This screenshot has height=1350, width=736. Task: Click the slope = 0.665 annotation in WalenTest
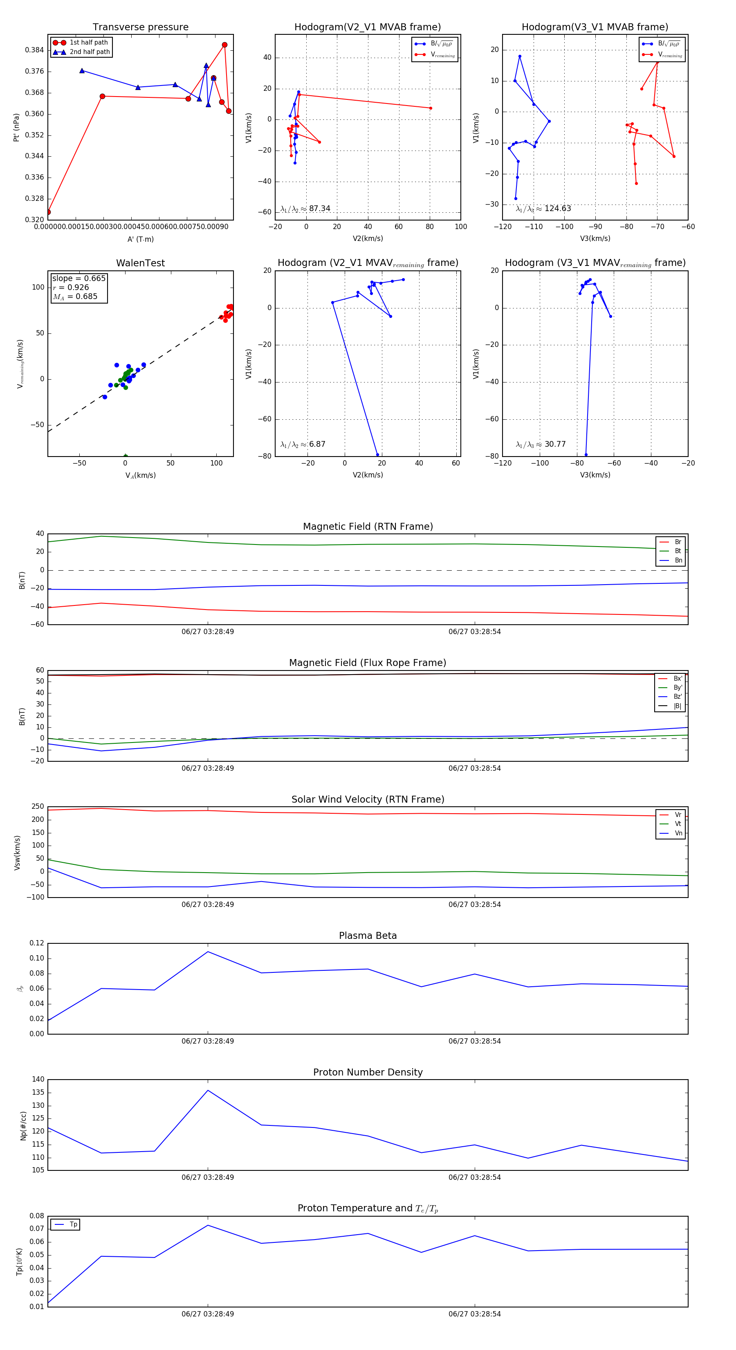tap(79, 278)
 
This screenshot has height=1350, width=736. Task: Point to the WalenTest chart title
tap(140, 263)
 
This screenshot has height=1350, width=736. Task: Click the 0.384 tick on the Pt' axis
tap(35, 50)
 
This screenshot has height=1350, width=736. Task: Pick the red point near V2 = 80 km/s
tap(431, 108)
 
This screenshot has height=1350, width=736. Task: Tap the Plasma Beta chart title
tap(368, 936)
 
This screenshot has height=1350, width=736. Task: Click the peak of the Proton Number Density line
tap(208, 1090)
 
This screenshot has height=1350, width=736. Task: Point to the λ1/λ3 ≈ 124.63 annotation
tap(543, 209)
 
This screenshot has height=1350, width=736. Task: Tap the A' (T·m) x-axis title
tap(140, 239)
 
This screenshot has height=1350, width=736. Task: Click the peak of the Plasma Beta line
tap(208, 951)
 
